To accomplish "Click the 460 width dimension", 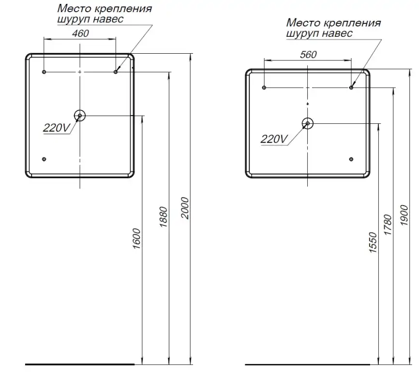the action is point(80,33).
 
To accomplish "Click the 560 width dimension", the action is point(308,55).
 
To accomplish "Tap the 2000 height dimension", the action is point(185,209).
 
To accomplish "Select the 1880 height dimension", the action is point(163,217).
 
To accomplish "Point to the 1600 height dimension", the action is point(136,239).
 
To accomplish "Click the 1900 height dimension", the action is point(404,215).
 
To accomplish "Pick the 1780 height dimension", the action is point(388,224).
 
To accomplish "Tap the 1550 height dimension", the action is point(373,242).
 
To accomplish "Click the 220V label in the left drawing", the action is point(57,128).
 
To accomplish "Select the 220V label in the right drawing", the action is point(274,139).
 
